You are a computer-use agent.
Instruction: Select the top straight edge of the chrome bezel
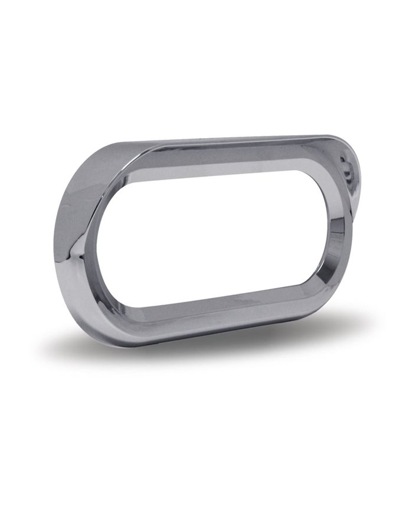click(236, 142)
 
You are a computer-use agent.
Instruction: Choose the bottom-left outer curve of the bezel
click(83, 307)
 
